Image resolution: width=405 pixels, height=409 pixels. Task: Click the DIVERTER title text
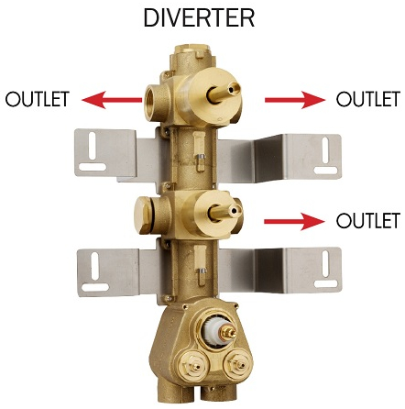pos(199,18)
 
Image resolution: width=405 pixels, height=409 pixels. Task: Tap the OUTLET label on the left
pos(38,98)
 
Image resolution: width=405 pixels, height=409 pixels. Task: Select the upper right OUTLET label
pos(368,98)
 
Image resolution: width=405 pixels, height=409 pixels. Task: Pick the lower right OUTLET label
pos(368,220)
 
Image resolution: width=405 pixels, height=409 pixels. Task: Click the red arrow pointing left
pos(112,100)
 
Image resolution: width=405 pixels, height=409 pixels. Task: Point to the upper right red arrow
pos(295,100)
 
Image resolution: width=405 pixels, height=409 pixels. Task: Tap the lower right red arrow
pos(294,221)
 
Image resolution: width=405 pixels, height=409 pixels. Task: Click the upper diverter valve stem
pos(223,92)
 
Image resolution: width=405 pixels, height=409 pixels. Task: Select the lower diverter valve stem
pos(225,212)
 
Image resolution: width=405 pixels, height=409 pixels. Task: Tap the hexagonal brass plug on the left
pos(143,216)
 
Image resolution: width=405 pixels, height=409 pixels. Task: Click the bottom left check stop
pos(193,366)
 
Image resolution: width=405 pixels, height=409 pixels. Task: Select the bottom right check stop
pos(237,364)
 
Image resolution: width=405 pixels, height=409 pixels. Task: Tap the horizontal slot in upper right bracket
pos(326,171)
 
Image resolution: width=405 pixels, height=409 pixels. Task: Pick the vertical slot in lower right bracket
pos(325,264)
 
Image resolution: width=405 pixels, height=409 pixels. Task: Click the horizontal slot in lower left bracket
pos(95,287)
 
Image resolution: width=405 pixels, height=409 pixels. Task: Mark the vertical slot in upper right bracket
pos(326,149)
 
